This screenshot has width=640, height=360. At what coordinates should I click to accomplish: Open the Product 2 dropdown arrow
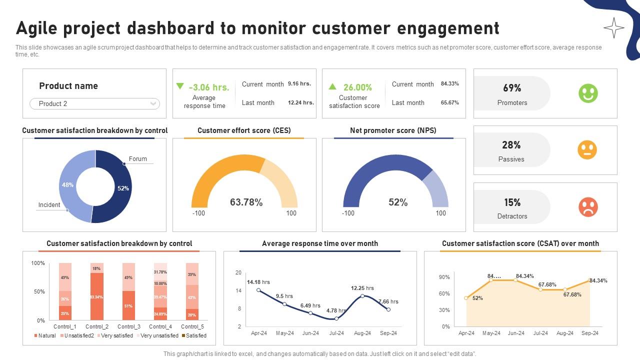pyautogui.click(x=153, y=103)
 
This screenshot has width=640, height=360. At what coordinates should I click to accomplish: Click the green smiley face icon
pyautogui.click(x=588, y=93)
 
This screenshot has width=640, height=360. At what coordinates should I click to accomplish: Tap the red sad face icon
pyautogui.click(x=588, y=207)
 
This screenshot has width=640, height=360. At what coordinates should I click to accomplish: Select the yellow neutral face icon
pyautogui.click(x=587, y=150)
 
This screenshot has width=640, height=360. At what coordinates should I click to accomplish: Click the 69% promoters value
pyautogui.click(x=512, y=88)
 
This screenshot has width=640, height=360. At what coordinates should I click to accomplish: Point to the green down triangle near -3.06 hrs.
pyautogui.click(x=180, y=86)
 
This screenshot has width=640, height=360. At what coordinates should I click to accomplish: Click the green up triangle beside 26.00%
pyautogui.click(x=332, y=86)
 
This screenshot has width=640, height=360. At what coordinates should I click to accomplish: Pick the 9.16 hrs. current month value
pyautogui.click(x=299, y=83)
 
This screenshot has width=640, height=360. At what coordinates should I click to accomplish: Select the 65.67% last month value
pyautogui.click(x=450, y=102)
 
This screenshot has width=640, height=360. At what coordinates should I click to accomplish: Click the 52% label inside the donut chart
pyautogui.click(x=123, y=188)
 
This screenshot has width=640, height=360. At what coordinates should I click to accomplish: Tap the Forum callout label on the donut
pyautogui.click(x=138, y=159)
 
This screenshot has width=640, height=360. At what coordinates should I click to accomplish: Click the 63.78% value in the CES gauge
pyautogui.click(x=246, y=202)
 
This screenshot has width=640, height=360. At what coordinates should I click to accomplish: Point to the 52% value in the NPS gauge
pyautogui.click(x=398, y=202)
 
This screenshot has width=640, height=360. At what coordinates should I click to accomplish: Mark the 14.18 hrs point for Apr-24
pyautogui.click(x=258, y=290)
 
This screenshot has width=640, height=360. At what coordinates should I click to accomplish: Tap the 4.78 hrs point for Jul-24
pyautogui.click(x=336, y=318)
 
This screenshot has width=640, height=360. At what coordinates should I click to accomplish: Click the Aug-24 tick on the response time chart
pyautogui.click(x=362, y=333)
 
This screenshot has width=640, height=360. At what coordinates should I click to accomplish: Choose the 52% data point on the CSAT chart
pyautogui.click(x=466, y=298)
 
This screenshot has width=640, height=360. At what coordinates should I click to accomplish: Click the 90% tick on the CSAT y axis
pyautogui.click(x=444, y=277)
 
